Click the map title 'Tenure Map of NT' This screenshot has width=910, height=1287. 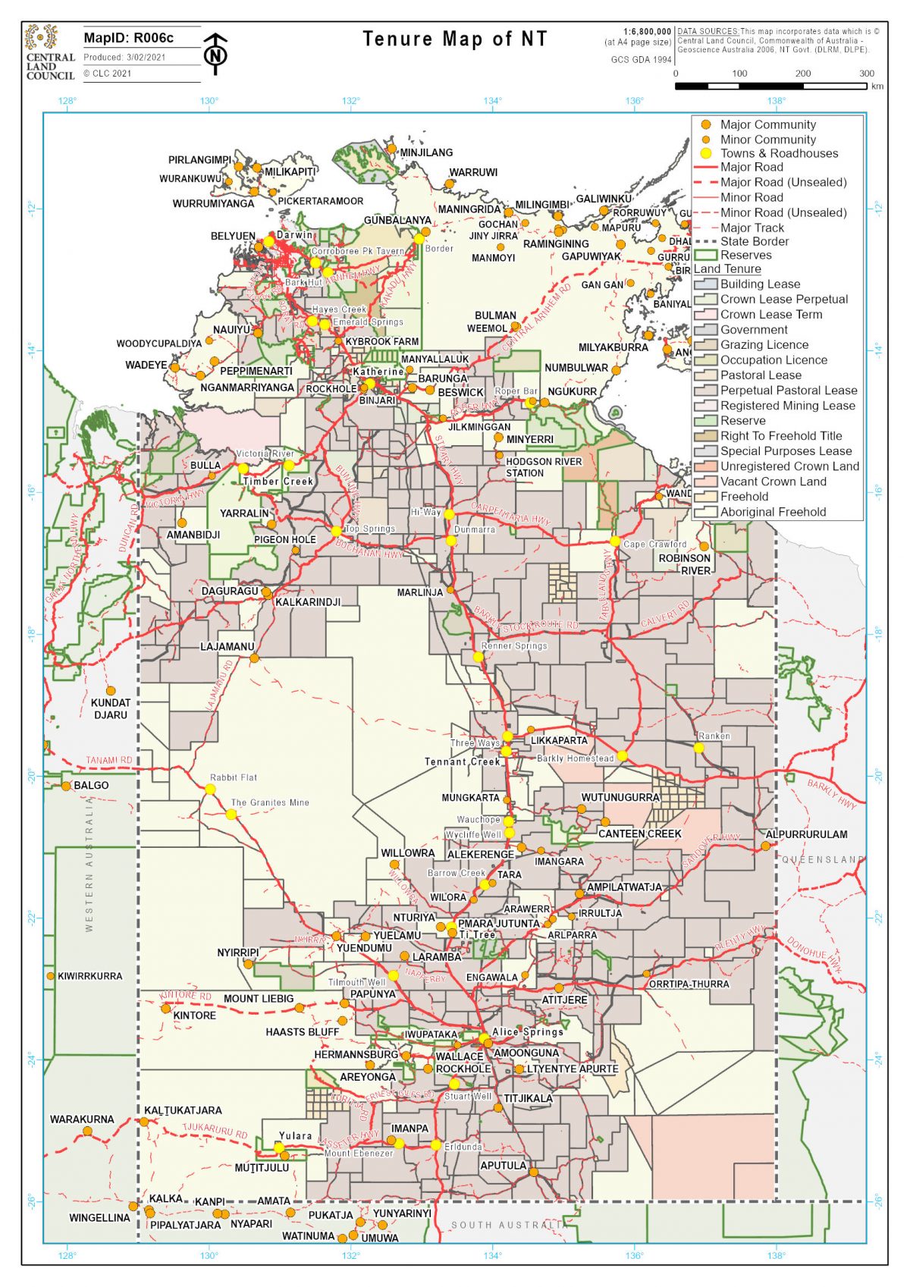pyautogui.click(x=454, y=39)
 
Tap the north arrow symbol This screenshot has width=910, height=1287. pyautogui.click(x=216, y=54)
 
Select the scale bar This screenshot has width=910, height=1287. pyautogui.click(x=770, y=86)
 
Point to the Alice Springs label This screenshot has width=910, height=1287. pyautogui.click(x=528, y=1031)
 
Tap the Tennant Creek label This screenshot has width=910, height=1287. pyautogui.click(x=462, y=761)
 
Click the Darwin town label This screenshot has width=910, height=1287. pyautogui.click(x=295, y=235)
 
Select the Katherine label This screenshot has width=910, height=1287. pyautogui.click(x=378, y=372)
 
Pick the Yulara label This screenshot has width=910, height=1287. pyautogui.click(x=295, y=1135)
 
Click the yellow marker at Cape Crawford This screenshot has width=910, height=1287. pyautogui.click(x=615, y=541)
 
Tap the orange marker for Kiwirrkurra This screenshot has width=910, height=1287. pyautogui.click(x=51, y=976)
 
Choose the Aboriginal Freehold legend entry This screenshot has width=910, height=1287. pyautogui.click(x=773, y=512)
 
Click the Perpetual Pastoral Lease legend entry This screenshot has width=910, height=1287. pyautogui.click(x=788, y=391)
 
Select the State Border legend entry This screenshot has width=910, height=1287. pyautogui.click(x=754, y=241)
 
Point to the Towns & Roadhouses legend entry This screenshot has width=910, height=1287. pyautogui.click(x=779, y=153)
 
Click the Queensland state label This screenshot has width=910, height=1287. pyautogui.click(x=822, y=859)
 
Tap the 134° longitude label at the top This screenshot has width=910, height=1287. pyautogui.click(x=493, y=101)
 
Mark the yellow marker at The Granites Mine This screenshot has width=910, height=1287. pyautogui.click(x=231, y=815)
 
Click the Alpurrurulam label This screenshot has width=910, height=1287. pyautogui.click(x=806, y=834)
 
